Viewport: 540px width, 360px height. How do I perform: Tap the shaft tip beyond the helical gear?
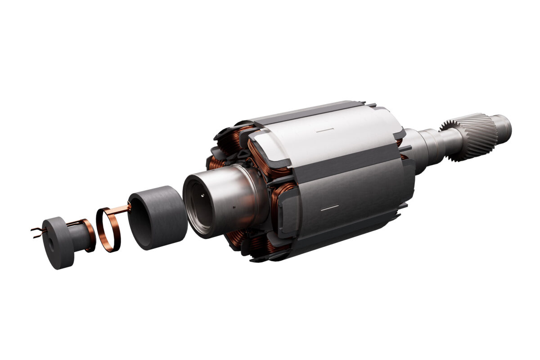pyautogui.click(x=503, y=126)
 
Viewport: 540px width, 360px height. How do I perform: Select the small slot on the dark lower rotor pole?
pyautogui.click(x=330, y=207)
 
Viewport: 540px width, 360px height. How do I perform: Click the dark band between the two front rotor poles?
pyautogui.click(x=342, y=169)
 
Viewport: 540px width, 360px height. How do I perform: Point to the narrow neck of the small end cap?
pyautogui.click(x=79, y=237)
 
